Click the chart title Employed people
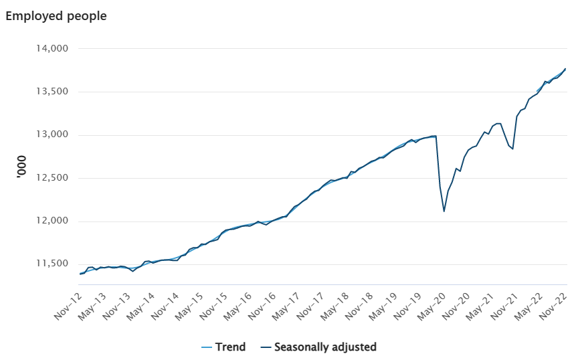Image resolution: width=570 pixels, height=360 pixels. (x=56, y=16)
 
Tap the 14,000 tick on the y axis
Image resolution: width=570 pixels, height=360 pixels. (x=52, y=48)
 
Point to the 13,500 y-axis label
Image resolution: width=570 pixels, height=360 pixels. (x=52, y=92)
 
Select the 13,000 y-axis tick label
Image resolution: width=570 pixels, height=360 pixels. (x=52, y=135)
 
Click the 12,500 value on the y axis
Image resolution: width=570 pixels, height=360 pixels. (x=52, y=178)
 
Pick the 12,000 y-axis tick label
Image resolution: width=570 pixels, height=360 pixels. (x=52, y=221)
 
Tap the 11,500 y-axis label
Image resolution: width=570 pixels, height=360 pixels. (x=52, y=264)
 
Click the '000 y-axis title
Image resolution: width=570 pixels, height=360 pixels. (x=22, y=167)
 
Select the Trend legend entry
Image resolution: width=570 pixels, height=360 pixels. (x=223, y=347)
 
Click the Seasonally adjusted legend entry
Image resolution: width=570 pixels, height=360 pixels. (x=318, y=347)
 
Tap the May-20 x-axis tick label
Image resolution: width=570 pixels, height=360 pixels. (x=432, y=306)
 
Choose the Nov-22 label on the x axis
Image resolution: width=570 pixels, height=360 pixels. (x=553, y=306)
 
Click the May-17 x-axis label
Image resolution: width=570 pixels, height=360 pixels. (x=286, y=306)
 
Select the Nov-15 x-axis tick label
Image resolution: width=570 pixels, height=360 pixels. (x=213, y=306)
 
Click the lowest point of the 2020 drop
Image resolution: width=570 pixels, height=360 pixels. (x=444, y=211)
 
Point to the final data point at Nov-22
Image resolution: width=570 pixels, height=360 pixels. (x=565, y=68)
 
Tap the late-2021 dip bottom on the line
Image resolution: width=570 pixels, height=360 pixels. (x=512, y=149)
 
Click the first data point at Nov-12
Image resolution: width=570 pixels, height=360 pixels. (x=80, y=274)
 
